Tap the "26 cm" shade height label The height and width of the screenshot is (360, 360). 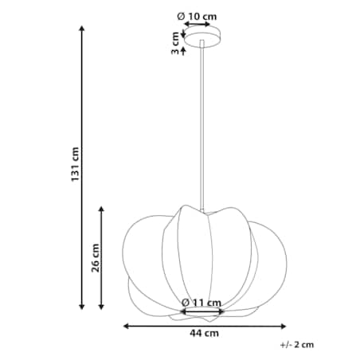click(x=95, y=256)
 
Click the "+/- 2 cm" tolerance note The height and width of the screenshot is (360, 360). click(x=297, y=345)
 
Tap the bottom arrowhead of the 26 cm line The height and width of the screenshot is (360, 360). click(x=101, y=307)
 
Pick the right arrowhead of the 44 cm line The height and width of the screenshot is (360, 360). click(x=284, y=325)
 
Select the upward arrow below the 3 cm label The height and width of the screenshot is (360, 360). click(x=184, y=50)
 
